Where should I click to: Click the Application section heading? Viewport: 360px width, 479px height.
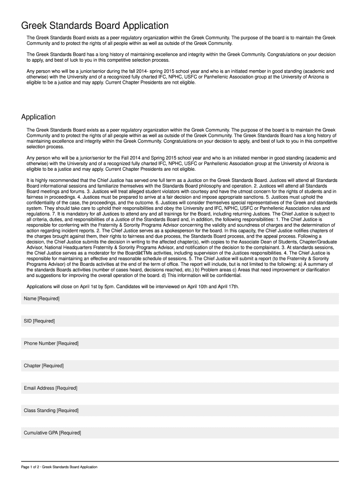click(38, 117)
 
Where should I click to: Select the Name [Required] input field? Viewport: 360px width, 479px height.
click(180, 298)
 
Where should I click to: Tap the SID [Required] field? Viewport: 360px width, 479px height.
click(180, 321)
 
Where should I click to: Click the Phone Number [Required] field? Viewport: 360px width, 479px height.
click(180, 343)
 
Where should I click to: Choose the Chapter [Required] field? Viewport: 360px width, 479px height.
click(180, 366)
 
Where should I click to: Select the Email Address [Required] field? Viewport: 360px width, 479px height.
click(180, 388)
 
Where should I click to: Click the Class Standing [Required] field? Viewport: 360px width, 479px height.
click(180, 411)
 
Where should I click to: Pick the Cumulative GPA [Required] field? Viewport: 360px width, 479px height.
click(180, 433)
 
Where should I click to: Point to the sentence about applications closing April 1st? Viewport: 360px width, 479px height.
click(133, 286)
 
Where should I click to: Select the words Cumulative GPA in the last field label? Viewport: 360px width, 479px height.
click(41, 433)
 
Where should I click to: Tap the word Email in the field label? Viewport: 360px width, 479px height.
click(30, 388)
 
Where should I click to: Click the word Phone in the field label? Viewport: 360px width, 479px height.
click(30, 343)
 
